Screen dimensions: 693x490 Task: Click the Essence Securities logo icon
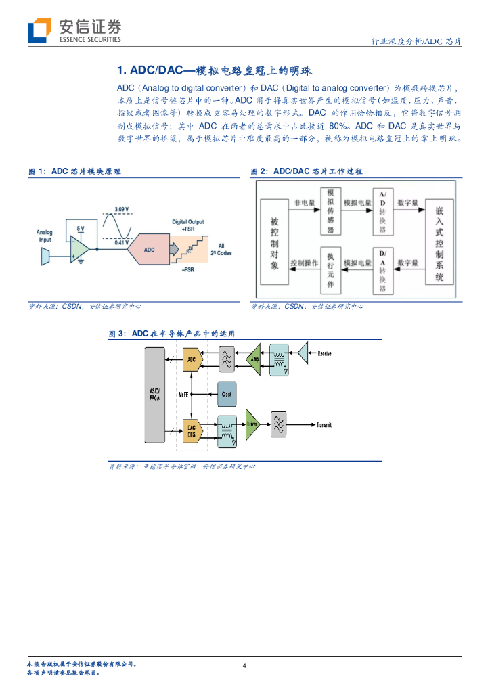39,30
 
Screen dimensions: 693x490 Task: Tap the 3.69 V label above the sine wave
122,208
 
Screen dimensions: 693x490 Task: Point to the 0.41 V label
122,242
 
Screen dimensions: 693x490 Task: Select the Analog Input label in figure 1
45,236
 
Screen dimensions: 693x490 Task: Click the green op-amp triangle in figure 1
80,248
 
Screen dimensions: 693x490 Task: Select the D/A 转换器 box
382,271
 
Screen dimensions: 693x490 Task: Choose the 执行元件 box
330,270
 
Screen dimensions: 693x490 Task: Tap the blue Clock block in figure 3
227,393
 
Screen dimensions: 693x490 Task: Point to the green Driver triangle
252,424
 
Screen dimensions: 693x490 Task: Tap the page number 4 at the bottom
244,666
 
